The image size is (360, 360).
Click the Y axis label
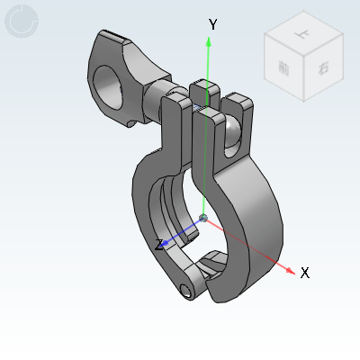pos(213,24)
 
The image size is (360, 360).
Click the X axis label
pos(305,273)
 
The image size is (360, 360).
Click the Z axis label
pos(159,245)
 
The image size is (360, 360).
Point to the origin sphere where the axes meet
pos(204,218)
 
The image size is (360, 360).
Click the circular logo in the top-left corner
pos(22,22)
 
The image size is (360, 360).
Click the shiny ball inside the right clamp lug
pos(232,135)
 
